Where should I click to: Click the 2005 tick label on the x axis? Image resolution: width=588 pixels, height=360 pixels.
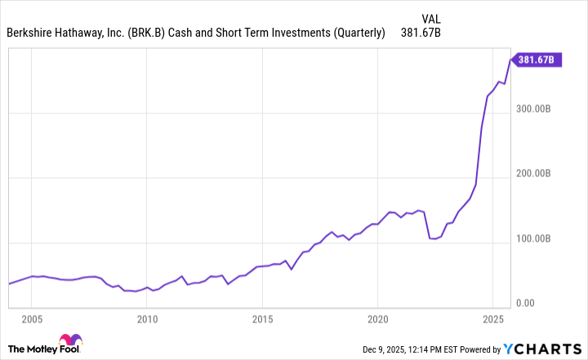(32, 318)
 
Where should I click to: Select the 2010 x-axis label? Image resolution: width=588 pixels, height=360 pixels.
(147, 318)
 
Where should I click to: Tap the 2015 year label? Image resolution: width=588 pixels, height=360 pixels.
(262, 318)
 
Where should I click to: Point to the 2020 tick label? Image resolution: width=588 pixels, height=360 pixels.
(377, 318)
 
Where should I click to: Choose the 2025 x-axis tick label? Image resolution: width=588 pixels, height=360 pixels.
(492, 318)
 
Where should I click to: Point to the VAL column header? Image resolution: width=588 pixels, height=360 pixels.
(432, 17)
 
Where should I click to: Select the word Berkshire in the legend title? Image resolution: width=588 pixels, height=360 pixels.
(31, 33)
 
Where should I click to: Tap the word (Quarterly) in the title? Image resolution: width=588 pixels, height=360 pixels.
(356, 33)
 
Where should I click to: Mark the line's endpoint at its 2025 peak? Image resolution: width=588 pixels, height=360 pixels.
(511, 59)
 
